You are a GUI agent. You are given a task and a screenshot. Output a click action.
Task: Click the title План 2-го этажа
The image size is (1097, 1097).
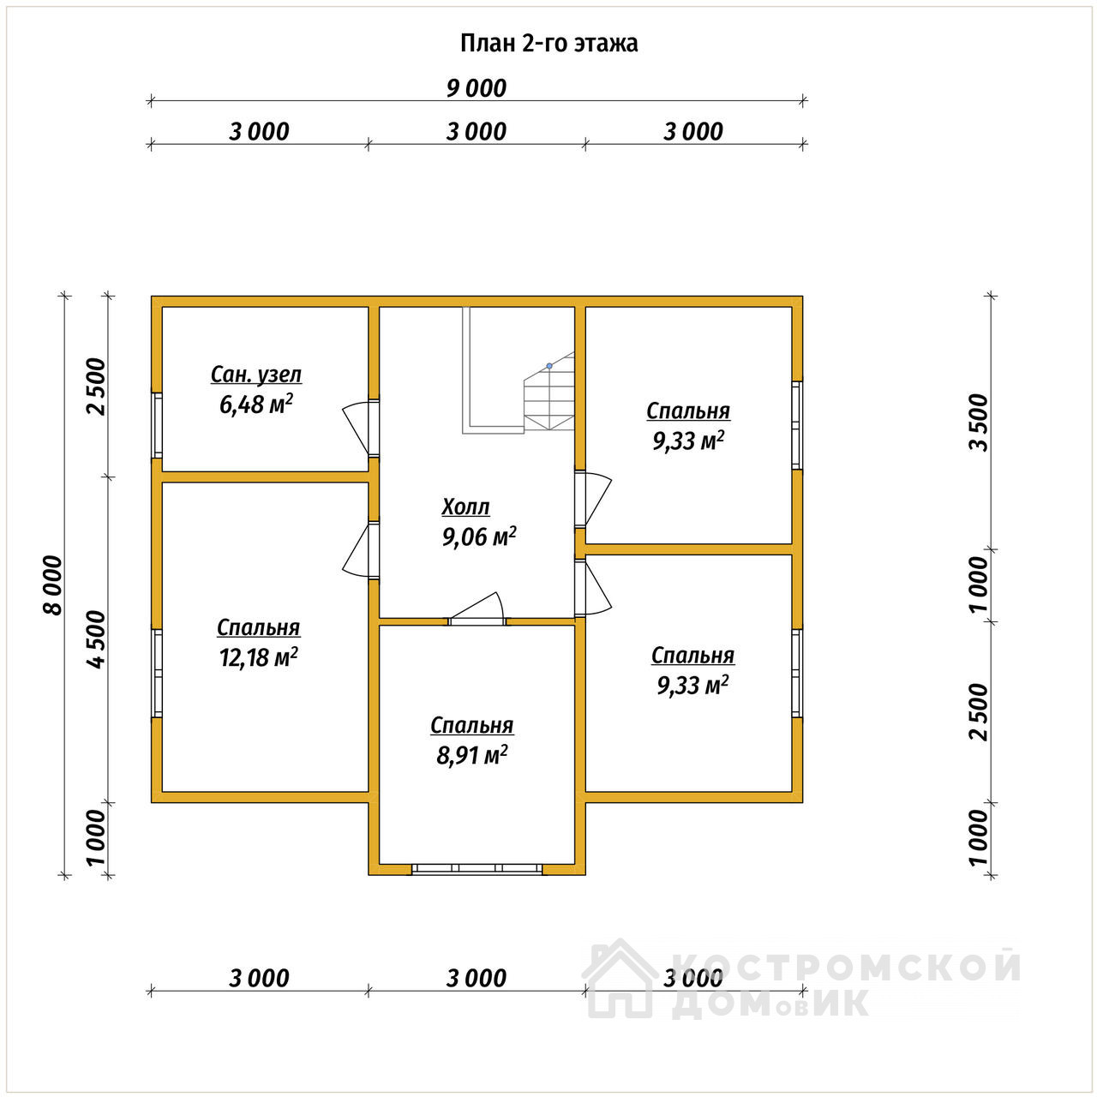[548, 44]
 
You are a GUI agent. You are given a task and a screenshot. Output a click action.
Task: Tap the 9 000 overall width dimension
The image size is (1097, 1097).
[477, 89]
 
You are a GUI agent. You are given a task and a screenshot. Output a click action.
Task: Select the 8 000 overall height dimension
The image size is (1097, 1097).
[53, 586]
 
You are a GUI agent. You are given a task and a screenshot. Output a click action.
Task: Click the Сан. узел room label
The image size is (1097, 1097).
[256, 375]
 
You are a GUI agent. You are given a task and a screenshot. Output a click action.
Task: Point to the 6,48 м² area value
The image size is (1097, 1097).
[256, 405]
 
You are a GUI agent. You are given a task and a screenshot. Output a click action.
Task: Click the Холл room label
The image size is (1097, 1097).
[465, 507]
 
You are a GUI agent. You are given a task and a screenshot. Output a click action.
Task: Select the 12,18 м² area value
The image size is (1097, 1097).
[259, 657]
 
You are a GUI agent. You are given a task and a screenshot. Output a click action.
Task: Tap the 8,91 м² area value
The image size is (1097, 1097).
[472, 755]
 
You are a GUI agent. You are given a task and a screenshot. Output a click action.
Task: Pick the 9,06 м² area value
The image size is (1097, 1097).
[479, 537]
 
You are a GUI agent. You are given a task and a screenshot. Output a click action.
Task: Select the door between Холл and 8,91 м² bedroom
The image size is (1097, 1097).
[478, 609]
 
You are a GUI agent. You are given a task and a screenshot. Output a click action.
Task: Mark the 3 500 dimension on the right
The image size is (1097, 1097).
[980, 423]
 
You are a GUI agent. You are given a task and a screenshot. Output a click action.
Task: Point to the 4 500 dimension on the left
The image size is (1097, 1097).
[98, 640]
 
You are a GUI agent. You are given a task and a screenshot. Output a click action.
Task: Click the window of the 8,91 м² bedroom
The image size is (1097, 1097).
[477, 868]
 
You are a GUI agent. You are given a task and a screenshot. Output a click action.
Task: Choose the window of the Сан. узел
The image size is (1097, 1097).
[157, 425]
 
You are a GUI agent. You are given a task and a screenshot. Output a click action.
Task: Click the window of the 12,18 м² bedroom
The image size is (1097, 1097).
[157, 674]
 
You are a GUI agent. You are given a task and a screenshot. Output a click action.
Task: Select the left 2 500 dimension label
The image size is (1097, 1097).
[98, 387]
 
